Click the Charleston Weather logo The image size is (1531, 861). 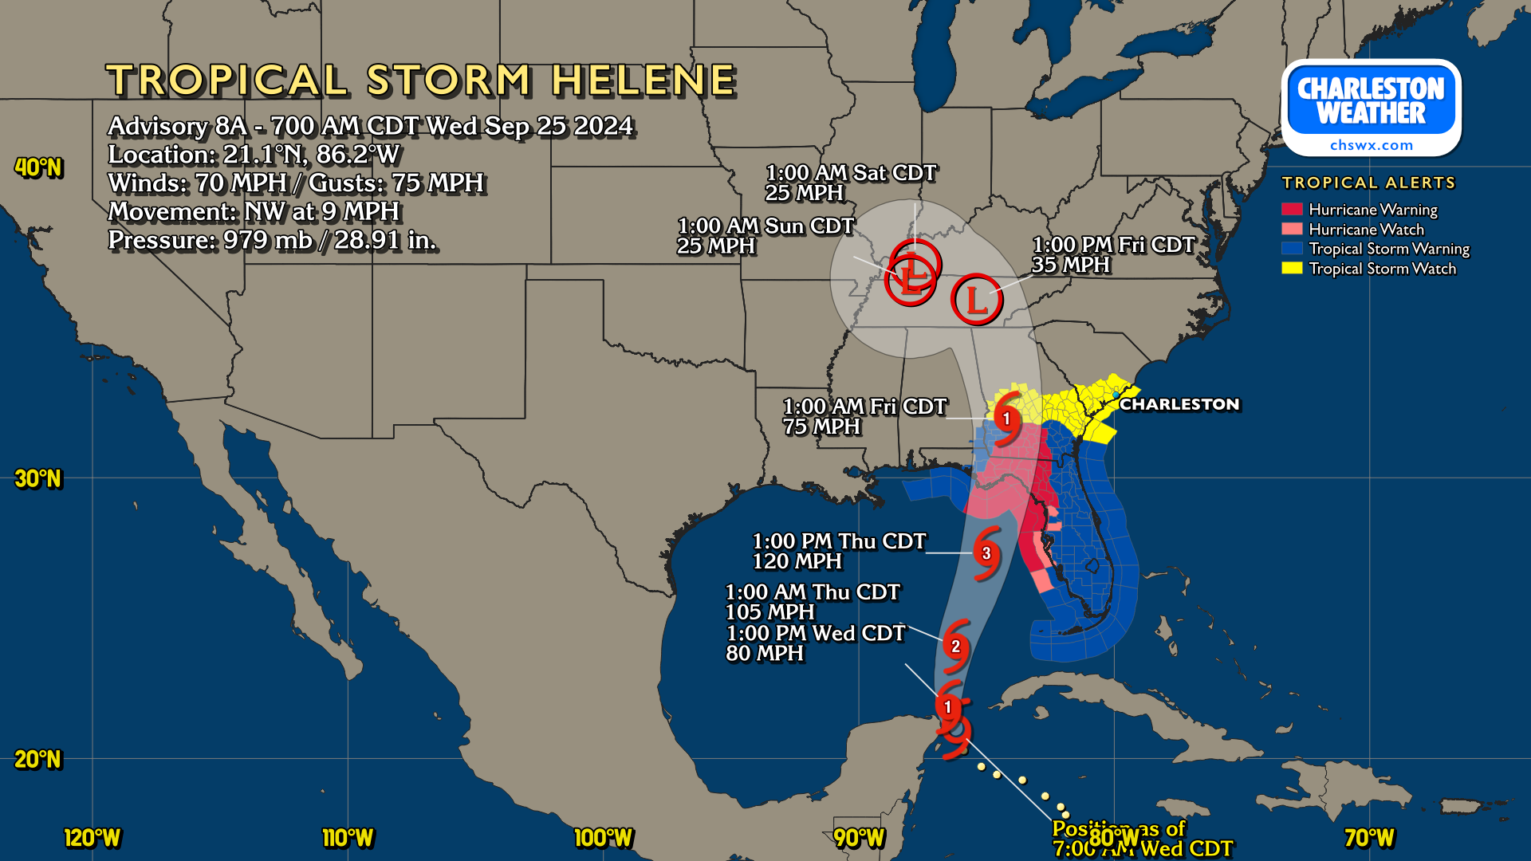coord(1371,107)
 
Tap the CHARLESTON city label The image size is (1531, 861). coord(1179,404)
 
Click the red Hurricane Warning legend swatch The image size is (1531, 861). coord(1292,210)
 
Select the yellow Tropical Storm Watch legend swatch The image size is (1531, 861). coord(1292,269)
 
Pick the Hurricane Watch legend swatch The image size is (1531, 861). coord(1292,230)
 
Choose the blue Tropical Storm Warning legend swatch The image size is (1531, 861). coord(1292,249)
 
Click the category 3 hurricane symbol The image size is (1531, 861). coord(986,552)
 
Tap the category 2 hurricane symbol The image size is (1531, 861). coord(955,647)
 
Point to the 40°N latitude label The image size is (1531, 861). coord(38,167)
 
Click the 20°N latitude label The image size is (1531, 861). coord(38,759)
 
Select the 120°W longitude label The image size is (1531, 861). coord(92,838)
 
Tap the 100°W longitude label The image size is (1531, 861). coord(603,838)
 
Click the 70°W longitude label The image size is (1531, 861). coord(1369,838)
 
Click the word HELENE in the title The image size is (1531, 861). coord(643,81)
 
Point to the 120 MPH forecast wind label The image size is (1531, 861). coord(797,561)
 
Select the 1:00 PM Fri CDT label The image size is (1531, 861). coord(1113,245)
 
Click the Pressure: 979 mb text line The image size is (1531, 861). coord(272,240)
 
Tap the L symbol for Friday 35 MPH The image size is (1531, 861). coord(976,300)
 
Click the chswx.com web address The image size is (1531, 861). coord(1371,145)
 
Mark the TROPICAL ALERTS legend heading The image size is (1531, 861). coord(1368,183)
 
